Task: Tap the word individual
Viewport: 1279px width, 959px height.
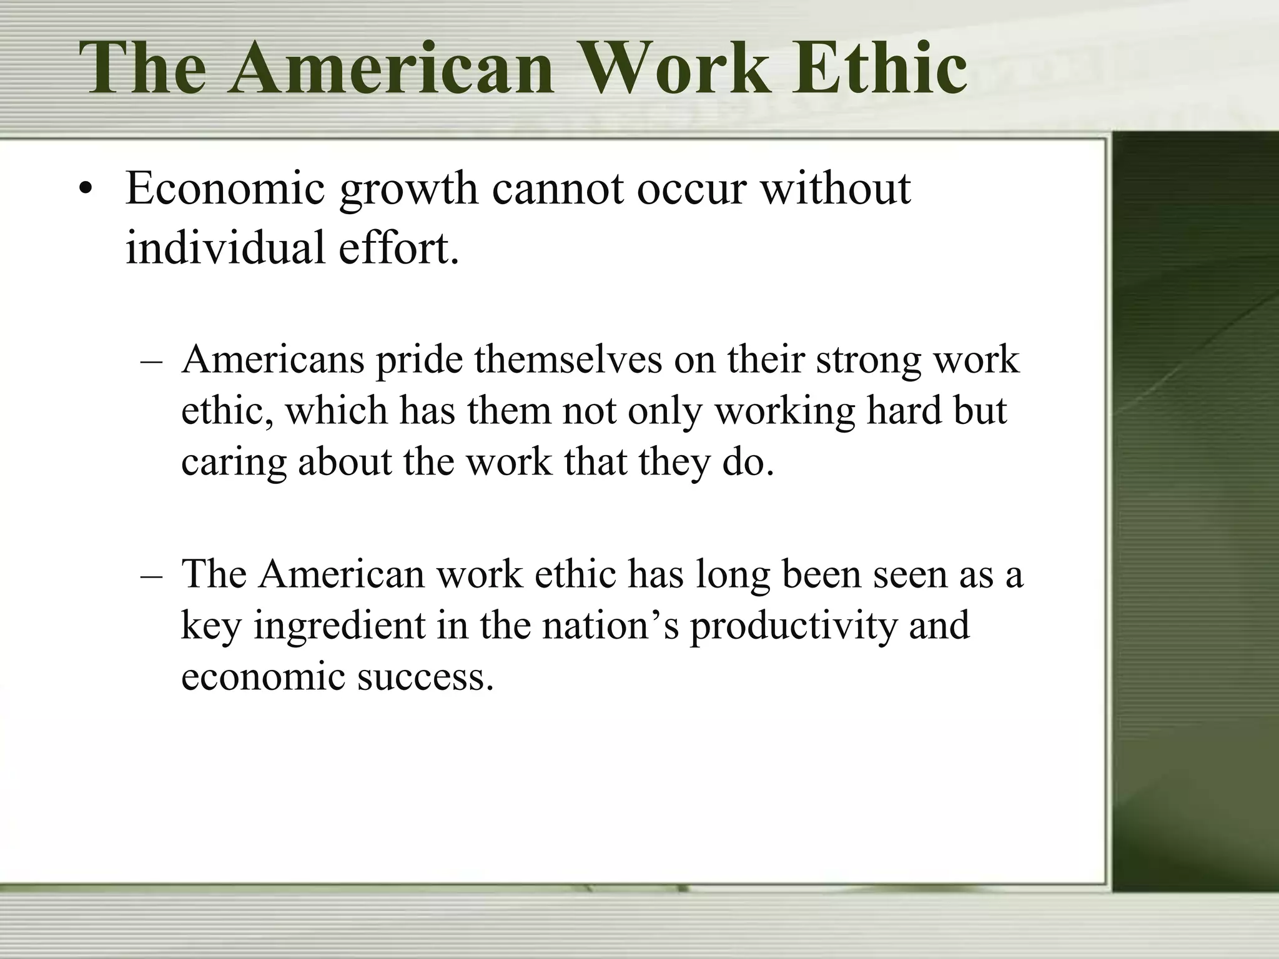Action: pos(225,247)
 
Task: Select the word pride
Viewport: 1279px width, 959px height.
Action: pos(419,360)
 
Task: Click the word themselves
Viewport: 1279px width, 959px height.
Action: pos(568,360)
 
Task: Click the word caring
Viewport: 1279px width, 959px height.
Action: pos(234,463)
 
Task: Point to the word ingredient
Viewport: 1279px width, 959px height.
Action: pos(339,626)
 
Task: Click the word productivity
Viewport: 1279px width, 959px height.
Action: pos(793,626)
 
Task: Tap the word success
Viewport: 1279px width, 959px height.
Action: pos(425,677)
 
